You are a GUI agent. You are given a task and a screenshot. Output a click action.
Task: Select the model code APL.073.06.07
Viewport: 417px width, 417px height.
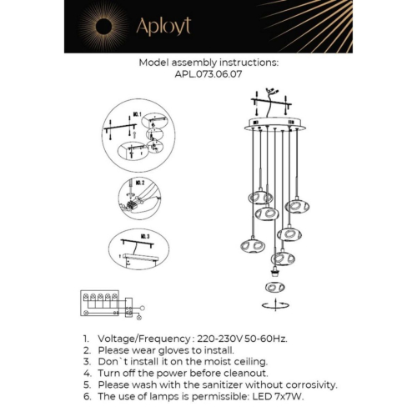click(208, 73)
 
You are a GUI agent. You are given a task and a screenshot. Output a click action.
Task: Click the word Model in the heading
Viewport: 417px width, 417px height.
click(155, 62)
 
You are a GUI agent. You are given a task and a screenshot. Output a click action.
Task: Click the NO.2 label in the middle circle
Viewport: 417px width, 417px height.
click(139, 182)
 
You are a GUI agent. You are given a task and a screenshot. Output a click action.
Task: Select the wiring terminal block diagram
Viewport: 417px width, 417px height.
click(106, 304)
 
